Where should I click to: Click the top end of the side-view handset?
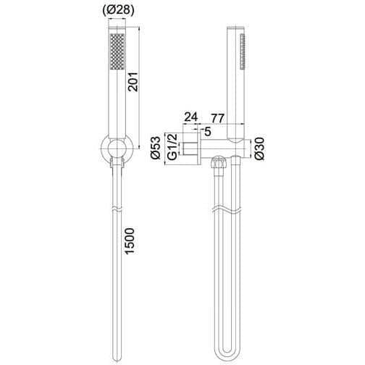pyautogui.click(x=235, y=30)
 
